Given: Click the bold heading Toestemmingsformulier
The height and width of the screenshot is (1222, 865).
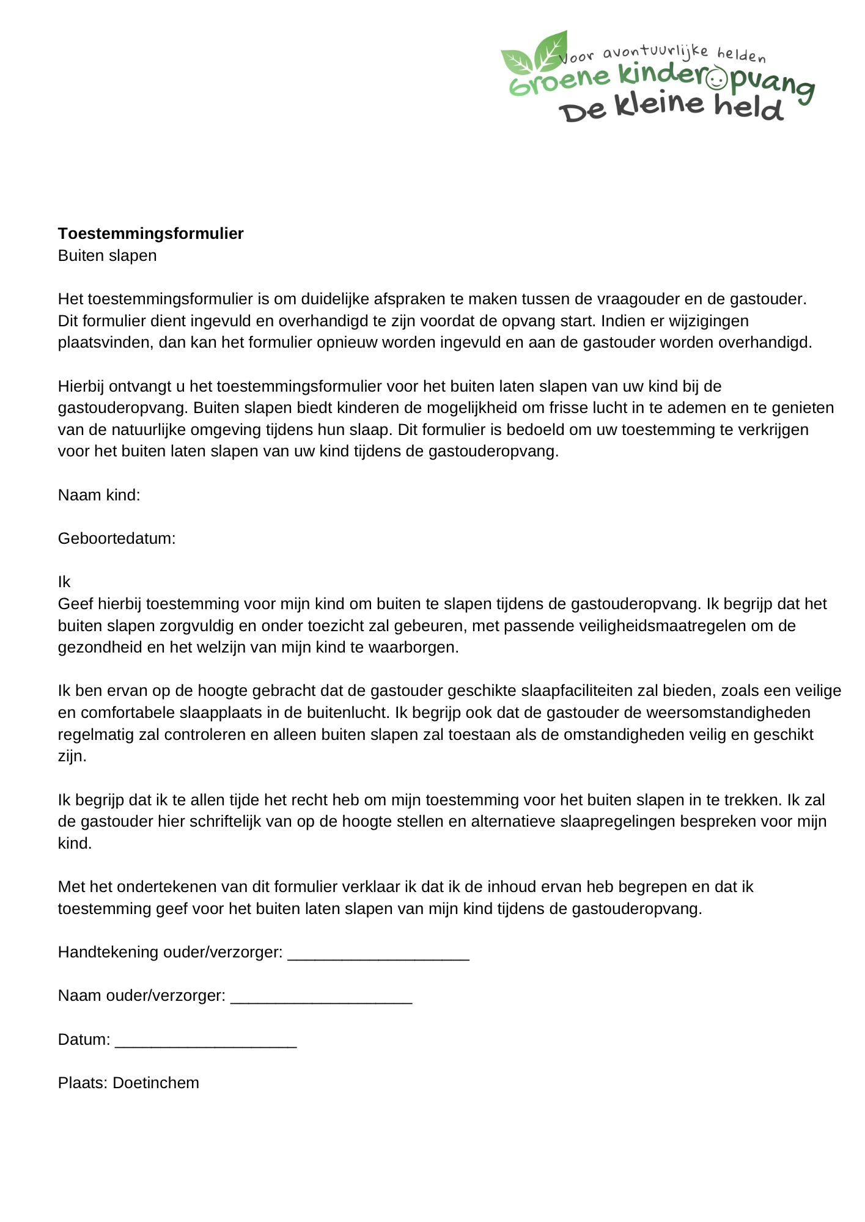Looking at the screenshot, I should click(150, 233).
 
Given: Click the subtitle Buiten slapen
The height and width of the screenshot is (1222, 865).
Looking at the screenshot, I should click(107, 255).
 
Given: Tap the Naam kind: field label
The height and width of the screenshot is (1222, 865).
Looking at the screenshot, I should click(99, 495).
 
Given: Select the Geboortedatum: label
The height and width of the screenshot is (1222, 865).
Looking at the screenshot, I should click(117, 538).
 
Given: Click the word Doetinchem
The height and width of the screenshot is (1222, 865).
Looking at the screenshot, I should click(156, 1083).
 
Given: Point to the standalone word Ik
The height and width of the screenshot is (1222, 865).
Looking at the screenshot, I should click(64, 582).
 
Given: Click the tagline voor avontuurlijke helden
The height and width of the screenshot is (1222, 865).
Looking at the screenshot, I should click(663, 54).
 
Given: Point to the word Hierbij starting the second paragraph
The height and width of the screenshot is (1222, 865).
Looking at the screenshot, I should click(81, 386).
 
